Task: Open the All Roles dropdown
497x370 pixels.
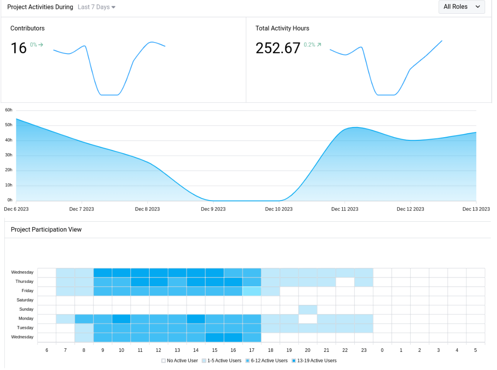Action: point(462,7)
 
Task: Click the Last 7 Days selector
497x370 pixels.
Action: point(96,7)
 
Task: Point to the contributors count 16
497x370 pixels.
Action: point(19,48)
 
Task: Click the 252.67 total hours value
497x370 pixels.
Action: point(278,48)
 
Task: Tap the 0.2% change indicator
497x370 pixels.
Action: point(312,45)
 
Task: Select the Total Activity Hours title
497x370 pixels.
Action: point(282,28)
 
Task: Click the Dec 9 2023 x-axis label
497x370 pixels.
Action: point(213,209)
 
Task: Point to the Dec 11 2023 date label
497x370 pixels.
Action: point(345,209)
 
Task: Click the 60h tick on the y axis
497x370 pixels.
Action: point(9,110)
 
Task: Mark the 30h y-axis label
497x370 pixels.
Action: point(9,155)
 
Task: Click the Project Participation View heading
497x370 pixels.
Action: point(46,229)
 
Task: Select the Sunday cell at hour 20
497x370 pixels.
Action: point(308,309)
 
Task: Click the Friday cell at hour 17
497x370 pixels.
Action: point(252,291)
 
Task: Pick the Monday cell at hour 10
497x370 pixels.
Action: point(121,319)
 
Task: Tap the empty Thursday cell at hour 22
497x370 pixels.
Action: point(345,281)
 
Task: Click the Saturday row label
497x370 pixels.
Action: point(25,300)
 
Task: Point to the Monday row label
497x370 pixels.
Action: point(26,319)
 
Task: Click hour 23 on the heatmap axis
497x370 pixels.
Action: point(364,350)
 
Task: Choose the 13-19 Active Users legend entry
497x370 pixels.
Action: point(314,361)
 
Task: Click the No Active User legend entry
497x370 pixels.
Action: point(180,361)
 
